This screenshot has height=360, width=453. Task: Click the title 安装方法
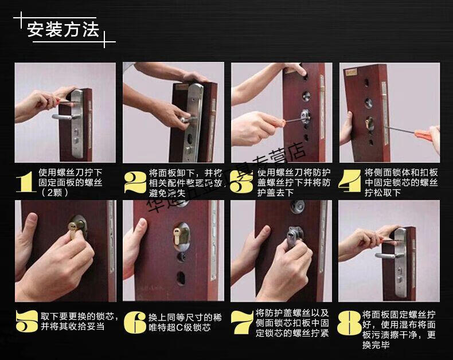click(x=63, y=29)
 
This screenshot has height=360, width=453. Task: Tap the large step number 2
click(x=134, y=181)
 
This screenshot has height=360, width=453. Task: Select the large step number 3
click(x=243, y=181)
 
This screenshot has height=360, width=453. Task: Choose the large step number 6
click(x=135, y=322)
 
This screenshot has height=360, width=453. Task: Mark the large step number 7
click(x=243, y=322)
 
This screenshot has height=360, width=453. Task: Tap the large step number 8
click(x=350, y=322)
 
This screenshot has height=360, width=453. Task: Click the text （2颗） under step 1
click(x=58, y=193)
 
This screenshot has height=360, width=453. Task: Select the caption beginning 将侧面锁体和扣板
click(x=401, y=182)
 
